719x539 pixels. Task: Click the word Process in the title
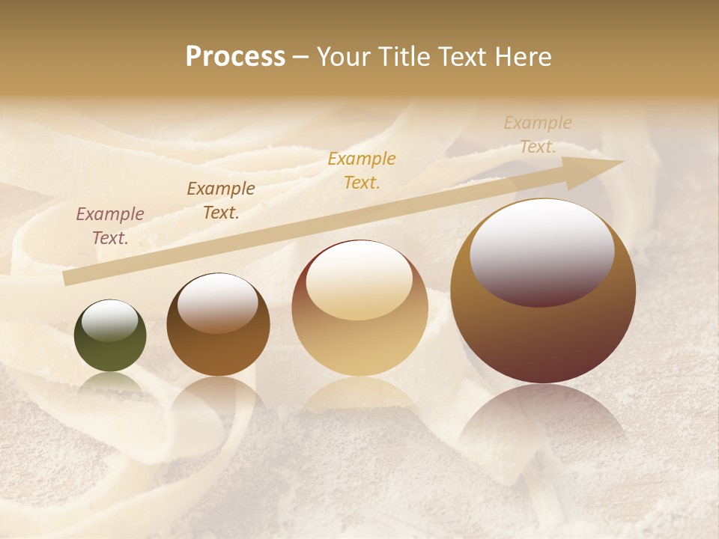click(x=235, y=57)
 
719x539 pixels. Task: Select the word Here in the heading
click(x=521, y=57)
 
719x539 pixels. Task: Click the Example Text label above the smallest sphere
click(x=110, y=226)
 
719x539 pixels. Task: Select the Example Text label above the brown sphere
click(x=221, y=201)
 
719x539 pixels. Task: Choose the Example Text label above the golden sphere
click(x=362, y=170)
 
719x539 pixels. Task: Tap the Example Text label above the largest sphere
click(x=538, y=135)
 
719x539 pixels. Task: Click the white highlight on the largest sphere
click(x=541, y=252)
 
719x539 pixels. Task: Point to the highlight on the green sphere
click(x=109, y=321)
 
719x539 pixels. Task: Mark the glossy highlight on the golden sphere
click(x=359, y=281)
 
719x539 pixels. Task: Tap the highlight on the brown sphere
click(x=217, y=302)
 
